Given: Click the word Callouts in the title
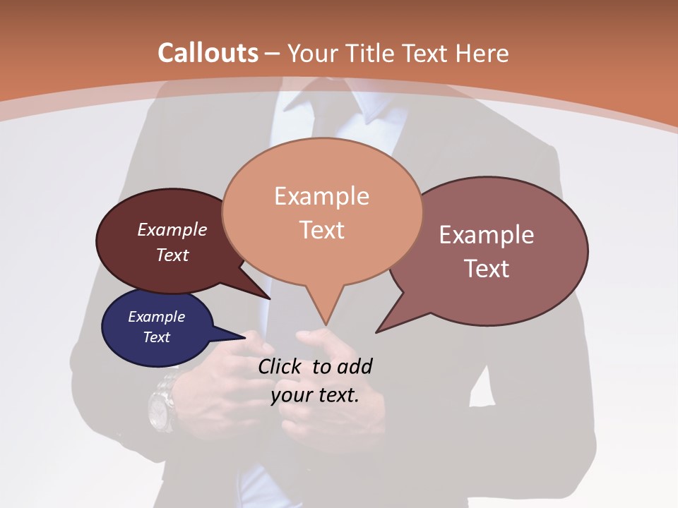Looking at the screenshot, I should [208, 53].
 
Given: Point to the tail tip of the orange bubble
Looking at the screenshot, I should [326, 325].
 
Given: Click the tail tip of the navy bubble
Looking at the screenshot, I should [245, 336].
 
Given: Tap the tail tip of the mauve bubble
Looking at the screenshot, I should [377, 332].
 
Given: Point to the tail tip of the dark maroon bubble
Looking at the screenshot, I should [270, 298].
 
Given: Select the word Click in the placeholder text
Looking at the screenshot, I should [280, 367].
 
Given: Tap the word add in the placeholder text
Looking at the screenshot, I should [355, 367].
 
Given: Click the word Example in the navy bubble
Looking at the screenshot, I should [157, 317].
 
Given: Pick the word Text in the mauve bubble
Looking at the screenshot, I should [487, 269].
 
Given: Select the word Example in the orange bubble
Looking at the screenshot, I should [322, 196].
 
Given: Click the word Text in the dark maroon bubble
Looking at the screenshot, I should [172, 255].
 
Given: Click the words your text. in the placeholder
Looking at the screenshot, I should [315, 395].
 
